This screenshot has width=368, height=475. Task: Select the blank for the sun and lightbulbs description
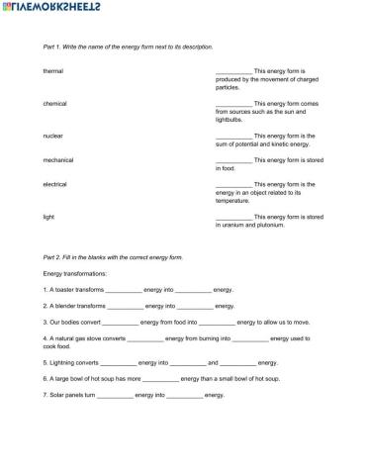(233, 103)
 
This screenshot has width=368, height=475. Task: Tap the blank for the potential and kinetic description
(233, 135)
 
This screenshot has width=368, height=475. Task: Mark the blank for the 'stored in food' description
(233, 159)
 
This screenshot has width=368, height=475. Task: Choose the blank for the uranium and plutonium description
(233, 216)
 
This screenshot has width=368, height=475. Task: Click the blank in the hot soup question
(160, 380)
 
